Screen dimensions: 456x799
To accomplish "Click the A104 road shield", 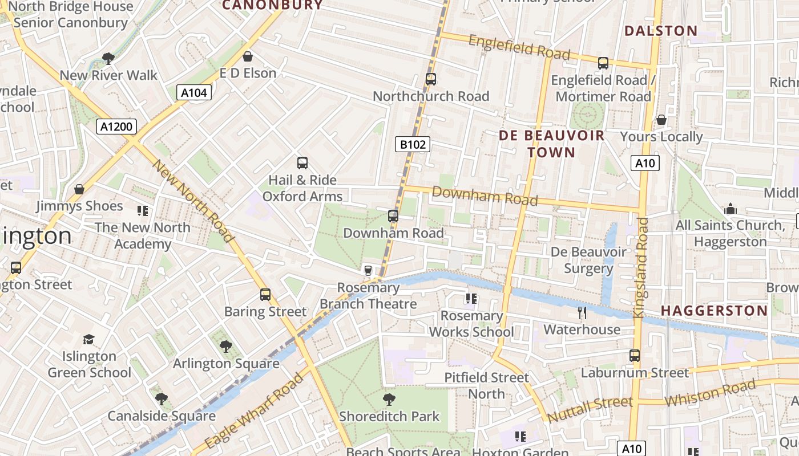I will pyautogui.click(x=194, y=92).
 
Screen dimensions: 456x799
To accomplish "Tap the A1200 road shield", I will pyautogui.click(x=116, y=127).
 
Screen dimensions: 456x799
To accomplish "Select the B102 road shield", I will pyautogui.click(x=413, y=144).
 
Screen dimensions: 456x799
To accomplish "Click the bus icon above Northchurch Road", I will pyautogui.click(x=431, y=79).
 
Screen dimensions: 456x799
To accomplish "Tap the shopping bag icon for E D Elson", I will pyautogui.click(x=248, y=56).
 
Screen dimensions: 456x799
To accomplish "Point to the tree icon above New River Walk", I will pyautogui.click(x=108, y=58).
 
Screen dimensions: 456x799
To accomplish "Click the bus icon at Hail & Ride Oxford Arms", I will pyautogui.click(x=302, y=163).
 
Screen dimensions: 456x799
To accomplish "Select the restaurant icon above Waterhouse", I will pyautogui.click(x=582, y=312).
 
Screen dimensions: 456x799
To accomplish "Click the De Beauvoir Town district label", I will pyautogui.click(x=551, y=144).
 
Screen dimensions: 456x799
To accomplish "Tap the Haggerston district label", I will pyautogui.click(x=714, y=311).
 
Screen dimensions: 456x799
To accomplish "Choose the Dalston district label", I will pyautogui.click(x=661, y=31).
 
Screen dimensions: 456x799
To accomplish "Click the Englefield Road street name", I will pyautogui.click(x=519, y=47).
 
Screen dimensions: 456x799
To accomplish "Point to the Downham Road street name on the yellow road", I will pyautogui.click(x=485, y=196).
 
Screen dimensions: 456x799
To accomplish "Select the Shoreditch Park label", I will pyautogui.click(x=390, y=417).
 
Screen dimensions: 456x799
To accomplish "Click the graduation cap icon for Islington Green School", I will pyautogui.click(x=88, y=340).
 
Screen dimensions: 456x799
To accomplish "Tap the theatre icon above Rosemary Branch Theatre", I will pyautogui.click(x=368, y=270).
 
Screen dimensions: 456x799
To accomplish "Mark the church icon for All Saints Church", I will pyautogui.click(x=730, y=209).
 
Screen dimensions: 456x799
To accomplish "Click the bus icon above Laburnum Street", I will pyautogui.click(x=635, y=356).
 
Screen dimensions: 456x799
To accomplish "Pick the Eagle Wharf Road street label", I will pyautogui.click(x=253, y=412).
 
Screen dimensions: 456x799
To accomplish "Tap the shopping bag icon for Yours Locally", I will pyautogui.click(x=661, y=120).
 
